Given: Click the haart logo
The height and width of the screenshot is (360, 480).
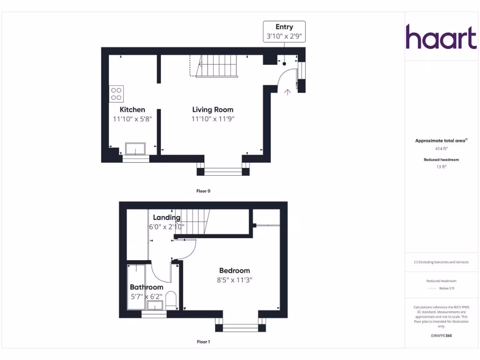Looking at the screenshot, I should (441, 37).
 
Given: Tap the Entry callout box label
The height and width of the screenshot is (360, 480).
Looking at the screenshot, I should (284, 27).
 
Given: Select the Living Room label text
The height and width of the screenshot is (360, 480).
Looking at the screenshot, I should (212, 110).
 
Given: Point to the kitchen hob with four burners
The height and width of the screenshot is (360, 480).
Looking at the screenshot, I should (116, 94).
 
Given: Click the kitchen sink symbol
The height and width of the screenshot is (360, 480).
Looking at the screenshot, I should (135, 150).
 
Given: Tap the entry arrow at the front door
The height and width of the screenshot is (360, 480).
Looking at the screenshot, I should (287, 92).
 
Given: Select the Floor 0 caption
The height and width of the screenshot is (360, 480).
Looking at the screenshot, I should (203, 191).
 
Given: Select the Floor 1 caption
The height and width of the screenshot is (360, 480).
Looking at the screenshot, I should (203, 342).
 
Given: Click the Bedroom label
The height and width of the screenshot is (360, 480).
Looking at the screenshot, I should (234, 270).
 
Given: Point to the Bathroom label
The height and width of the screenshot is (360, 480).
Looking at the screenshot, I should (146, 287).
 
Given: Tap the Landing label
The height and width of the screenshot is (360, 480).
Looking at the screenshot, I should (166, 217).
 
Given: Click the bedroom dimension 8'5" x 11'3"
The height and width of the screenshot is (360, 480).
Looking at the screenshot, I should (234, 280).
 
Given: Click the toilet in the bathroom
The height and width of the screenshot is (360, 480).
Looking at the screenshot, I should (171, 300).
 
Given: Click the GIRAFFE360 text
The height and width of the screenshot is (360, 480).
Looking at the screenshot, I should (441, 336).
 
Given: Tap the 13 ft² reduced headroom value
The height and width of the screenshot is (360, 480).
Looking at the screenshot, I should (441, 166).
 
